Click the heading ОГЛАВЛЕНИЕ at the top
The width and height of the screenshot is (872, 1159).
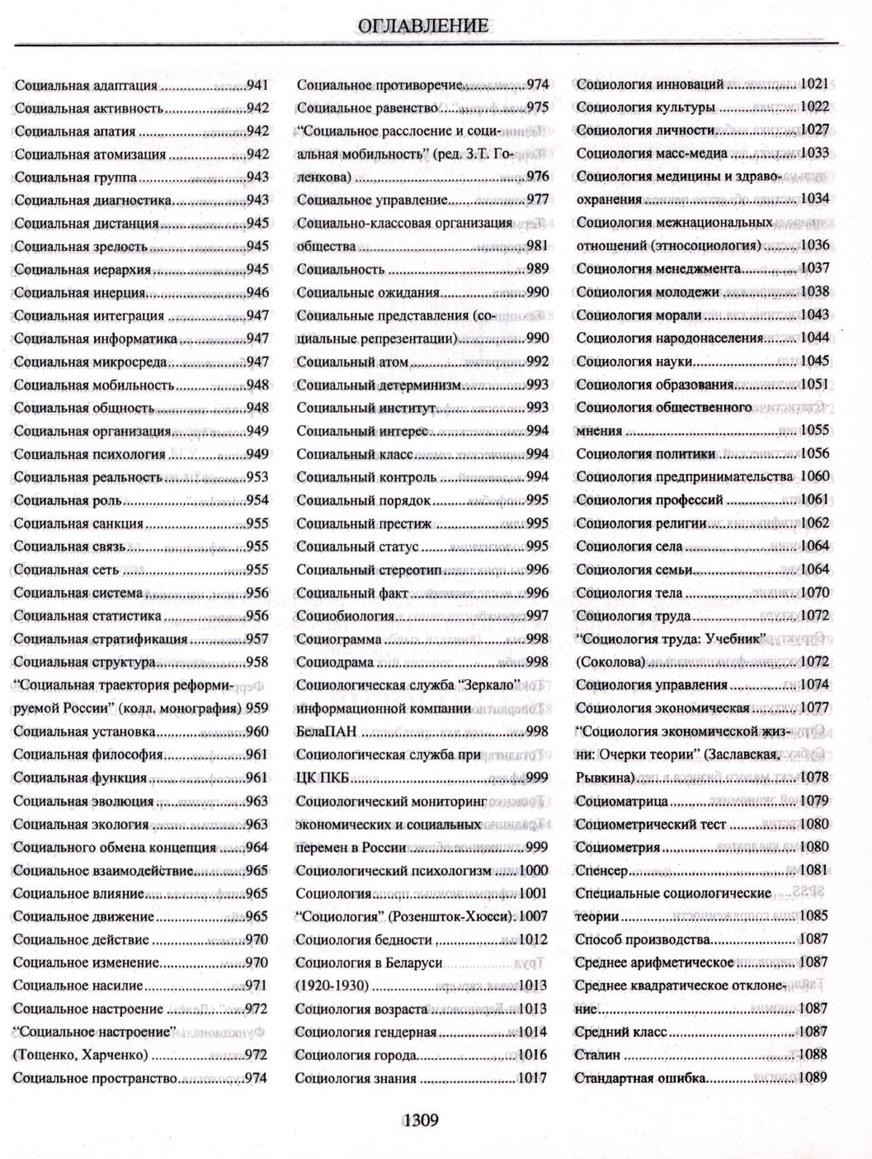click(423, 26)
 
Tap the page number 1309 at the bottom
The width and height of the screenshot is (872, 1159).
click(420, 1120)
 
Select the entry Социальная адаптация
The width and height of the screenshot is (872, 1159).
click(86, 85)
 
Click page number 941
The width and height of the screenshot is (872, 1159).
click(257, 85)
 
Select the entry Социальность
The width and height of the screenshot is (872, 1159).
click(341, 269)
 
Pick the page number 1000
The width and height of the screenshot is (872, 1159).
click(533, 870)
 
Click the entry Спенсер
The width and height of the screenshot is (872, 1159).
click(601, 870)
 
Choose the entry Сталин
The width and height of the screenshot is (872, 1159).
click(597, 1054)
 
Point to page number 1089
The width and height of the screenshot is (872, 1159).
click(813, 1077)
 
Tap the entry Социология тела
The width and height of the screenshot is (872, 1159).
click(629, 593)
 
